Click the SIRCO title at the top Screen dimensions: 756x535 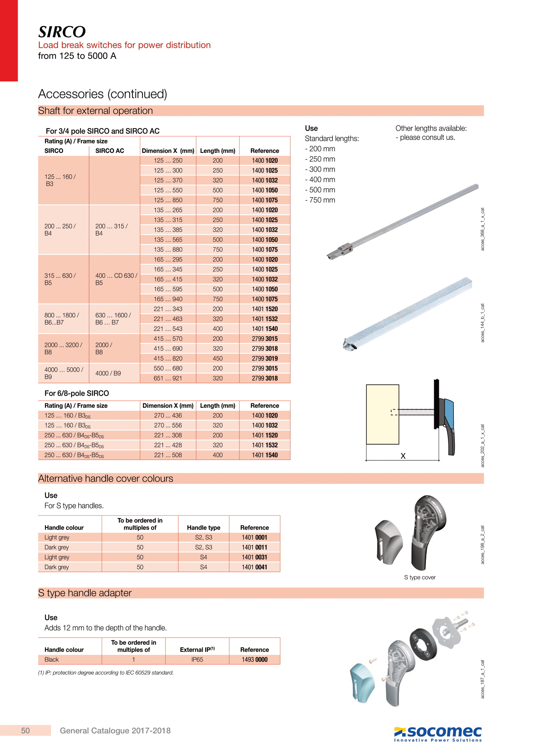[62, 32]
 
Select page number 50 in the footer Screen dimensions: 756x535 [25, 731]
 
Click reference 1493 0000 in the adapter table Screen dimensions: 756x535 [254, 660]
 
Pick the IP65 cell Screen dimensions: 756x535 [197, 660]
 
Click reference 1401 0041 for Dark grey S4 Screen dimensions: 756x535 [254, 567]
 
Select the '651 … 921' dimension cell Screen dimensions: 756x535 [168, 378]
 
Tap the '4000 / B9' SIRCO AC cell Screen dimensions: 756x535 [108, 373]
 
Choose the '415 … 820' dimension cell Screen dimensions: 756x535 [168, 358]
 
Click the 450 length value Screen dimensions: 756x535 [217, 358]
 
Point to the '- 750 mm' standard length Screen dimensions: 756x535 [320, 200]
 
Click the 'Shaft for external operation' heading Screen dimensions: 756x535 [95, 111]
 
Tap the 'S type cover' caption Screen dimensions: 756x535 [420, 577]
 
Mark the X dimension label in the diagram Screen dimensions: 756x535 [403, 456]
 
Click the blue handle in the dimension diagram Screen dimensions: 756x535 [449, 413]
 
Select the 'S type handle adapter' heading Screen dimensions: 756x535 [85, 593]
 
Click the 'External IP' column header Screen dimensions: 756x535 [197, 650]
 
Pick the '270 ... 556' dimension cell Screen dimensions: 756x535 [168, 425]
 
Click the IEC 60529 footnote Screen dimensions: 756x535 [106, 673]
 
